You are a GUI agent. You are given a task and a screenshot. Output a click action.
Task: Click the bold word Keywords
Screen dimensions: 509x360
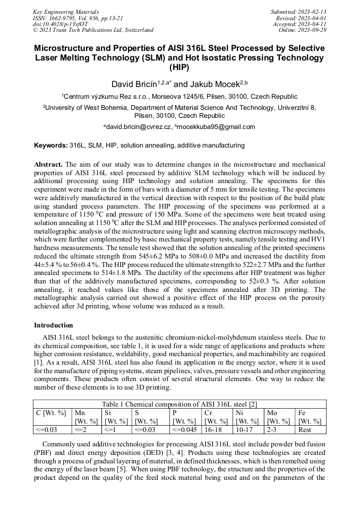(51, 145)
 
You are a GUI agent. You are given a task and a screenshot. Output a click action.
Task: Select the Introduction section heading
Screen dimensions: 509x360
(53, 325)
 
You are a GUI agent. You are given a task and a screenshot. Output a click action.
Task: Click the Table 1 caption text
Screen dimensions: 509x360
(179, 404)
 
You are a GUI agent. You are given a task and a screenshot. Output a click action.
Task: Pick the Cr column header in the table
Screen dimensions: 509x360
(209, 412)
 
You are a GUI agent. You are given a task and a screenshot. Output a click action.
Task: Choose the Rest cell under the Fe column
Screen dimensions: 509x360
(305, 429)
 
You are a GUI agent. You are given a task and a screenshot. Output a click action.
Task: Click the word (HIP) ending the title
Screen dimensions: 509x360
(179, 67)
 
